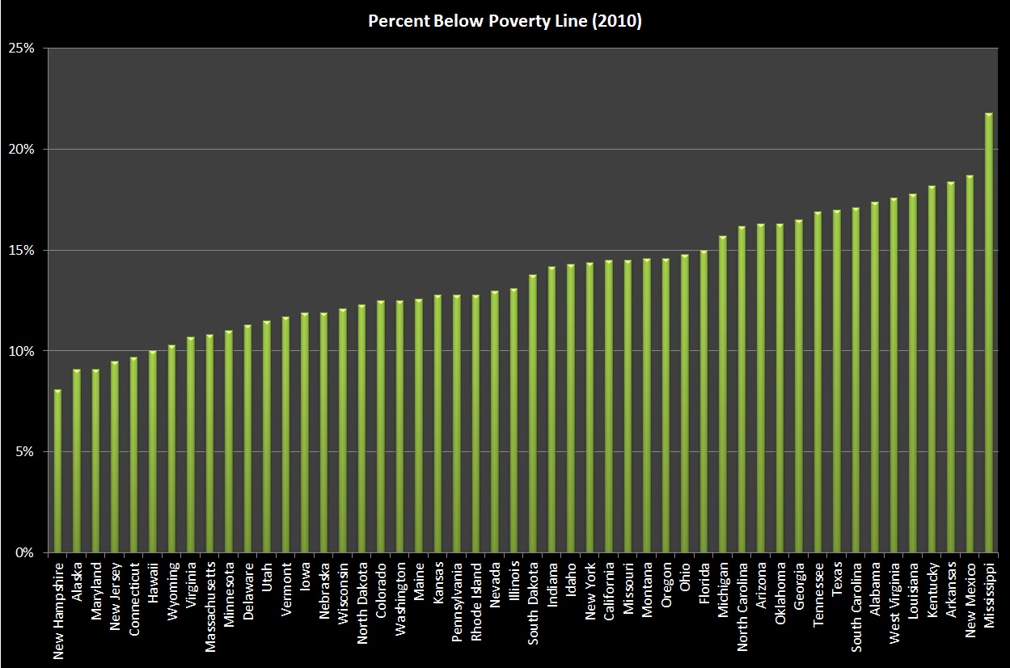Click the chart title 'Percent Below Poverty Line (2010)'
coord(505,21)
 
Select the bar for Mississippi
coord(989,333)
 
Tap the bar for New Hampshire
coord(57,471)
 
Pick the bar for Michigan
coord(723,394)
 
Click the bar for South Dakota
coord(533,413)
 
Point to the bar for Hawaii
coord(153,452)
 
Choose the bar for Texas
coord(836,382)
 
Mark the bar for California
coord(609,407)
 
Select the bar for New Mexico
coord(970,364)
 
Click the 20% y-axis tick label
coord(21,150)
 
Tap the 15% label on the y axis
coord(21,251)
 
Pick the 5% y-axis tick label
coord(25,452)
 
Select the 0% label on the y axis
coord(25,553)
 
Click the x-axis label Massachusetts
coord(210,607)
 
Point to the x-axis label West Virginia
coord(894,602)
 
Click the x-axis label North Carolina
coord(742,607)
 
